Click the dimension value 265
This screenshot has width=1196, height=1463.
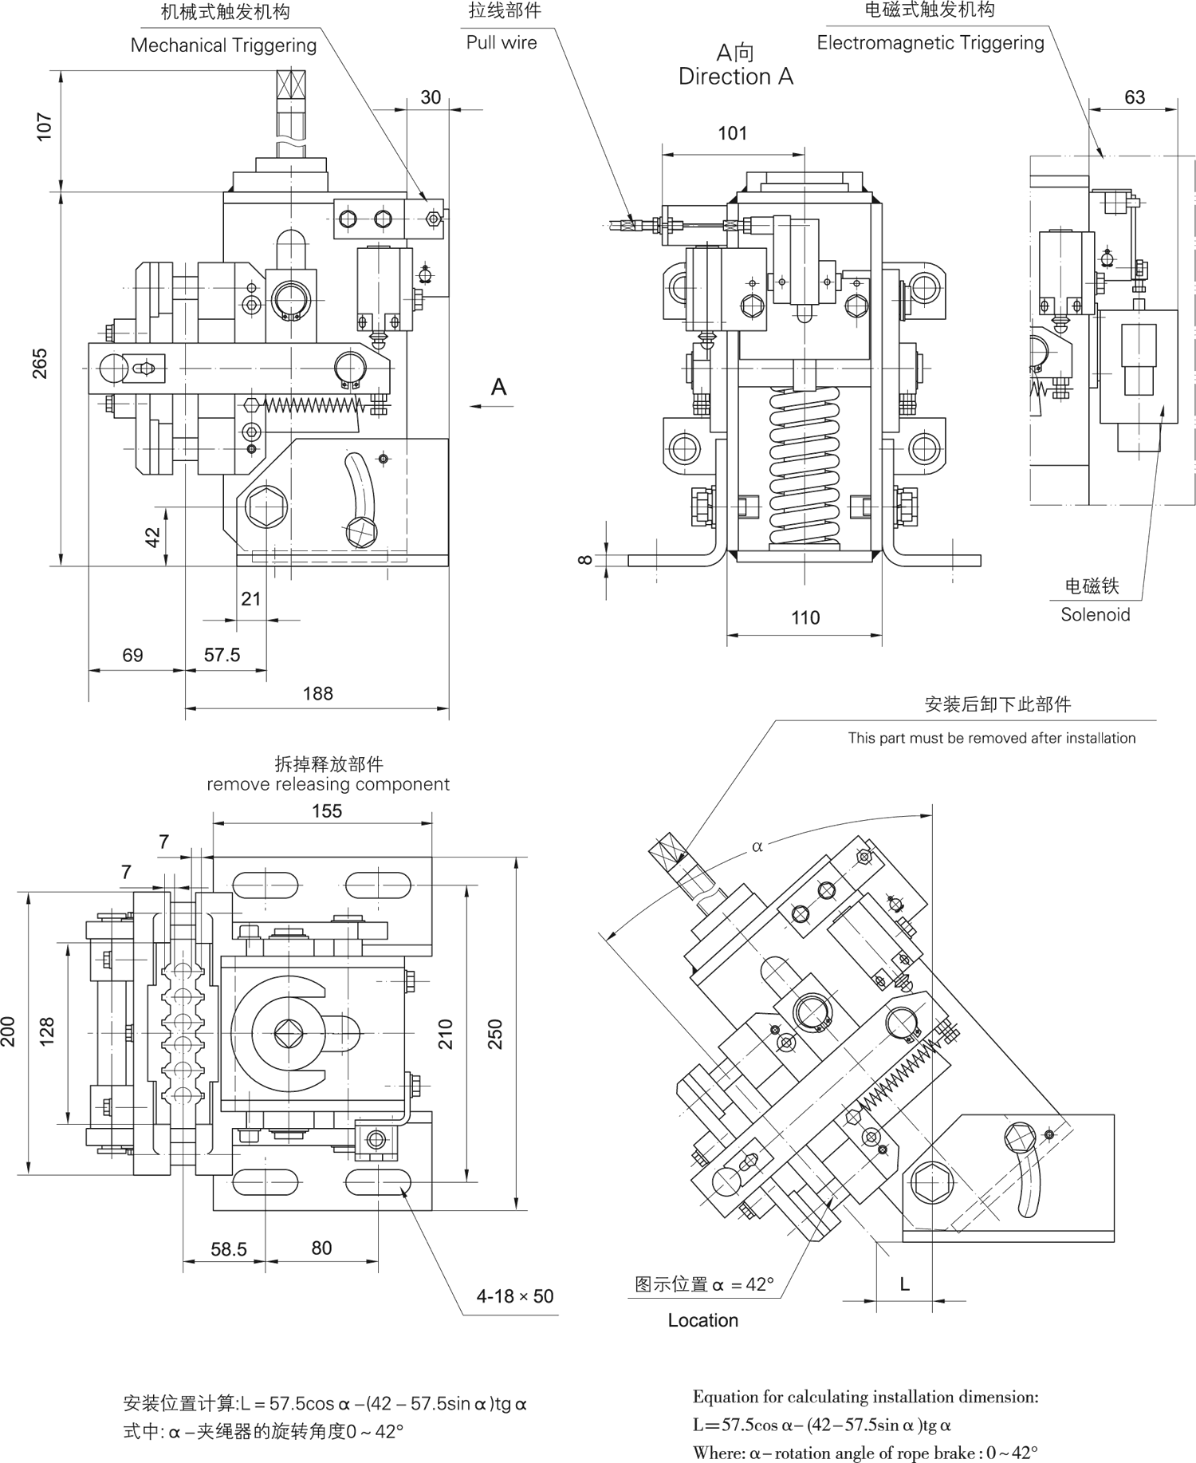click(40, 364)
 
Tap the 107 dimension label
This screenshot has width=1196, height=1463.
click(45, 127)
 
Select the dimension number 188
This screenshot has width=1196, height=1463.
click(317, 694)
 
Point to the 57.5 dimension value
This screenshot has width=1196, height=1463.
click(222, 656)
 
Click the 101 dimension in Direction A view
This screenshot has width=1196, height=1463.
click(732, 134)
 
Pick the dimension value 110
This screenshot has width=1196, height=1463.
click(805, 618)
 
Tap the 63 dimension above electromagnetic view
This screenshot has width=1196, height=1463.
click(1134, 97)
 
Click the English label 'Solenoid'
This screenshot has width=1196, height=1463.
click(1095, 615)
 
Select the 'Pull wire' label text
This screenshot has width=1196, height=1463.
click(502, 43)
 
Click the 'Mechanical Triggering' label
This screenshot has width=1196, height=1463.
click(223, 45)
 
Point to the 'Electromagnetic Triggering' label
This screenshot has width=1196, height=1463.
click(930, 43)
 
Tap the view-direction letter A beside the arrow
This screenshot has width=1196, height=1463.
click(499, 387)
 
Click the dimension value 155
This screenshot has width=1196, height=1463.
click(327, 811)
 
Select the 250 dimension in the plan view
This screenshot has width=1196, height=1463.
click(495, 1034)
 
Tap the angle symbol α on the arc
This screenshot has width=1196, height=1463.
click(757, 846)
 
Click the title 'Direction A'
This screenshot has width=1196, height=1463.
click(735, 77)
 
